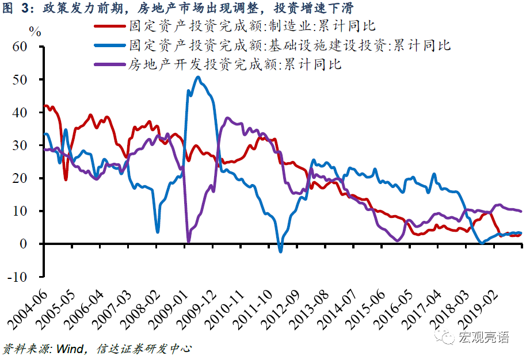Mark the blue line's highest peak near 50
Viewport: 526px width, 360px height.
[x=198, y=77]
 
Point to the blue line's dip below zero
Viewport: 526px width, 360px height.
[x=281, y=251]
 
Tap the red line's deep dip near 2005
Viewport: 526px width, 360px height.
[x=66, y=179]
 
